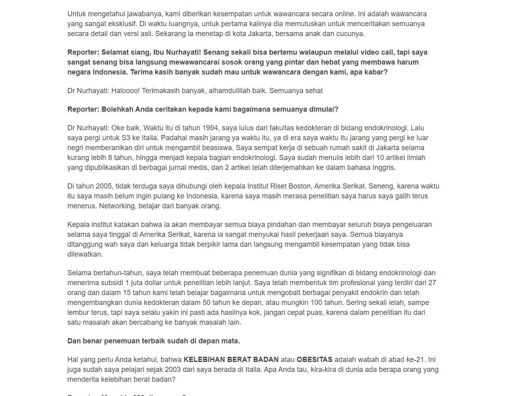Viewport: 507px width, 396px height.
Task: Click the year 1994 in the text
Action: tap(210, 128)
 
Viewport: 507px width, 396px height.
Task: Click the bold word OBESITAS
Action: tap(314, 360)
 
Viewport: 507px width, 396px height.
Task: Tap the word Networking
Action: tap(117, 206)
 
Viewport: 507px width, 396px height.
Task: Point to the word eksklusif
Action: tap(120, 24)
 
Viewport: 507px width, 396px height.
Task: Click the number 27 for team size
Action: tap(432, 283)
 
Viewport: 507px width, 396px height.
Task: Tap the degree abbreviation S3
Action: tap(127, 138)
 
